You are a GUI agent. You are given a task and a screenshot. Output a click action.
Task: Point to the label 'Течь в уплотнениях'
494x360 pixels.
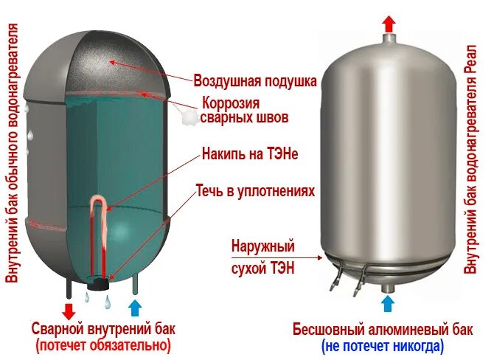pos(254,191)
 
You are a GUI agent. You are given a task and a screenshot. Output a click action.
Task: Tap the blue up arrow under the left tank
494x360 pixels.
pos(135,308)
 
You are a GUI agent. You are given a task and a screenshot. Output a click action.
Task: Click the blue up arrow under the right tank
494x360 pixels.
pos(389,302)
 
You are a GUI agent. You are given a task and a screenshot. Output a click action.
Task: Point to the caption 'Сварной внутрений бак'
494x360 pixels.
pos(103,328)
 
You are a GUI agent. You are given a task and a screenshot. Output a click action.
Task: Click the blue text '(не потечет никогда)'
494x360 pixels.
pos(382,345)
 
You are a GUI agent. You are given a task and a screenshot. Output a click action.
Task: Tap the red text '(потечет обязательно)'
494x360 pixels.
pos(102,345)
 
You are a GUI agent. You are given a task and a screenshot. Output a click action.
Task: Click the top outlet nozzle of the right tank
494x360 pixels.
pos(389,38)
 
